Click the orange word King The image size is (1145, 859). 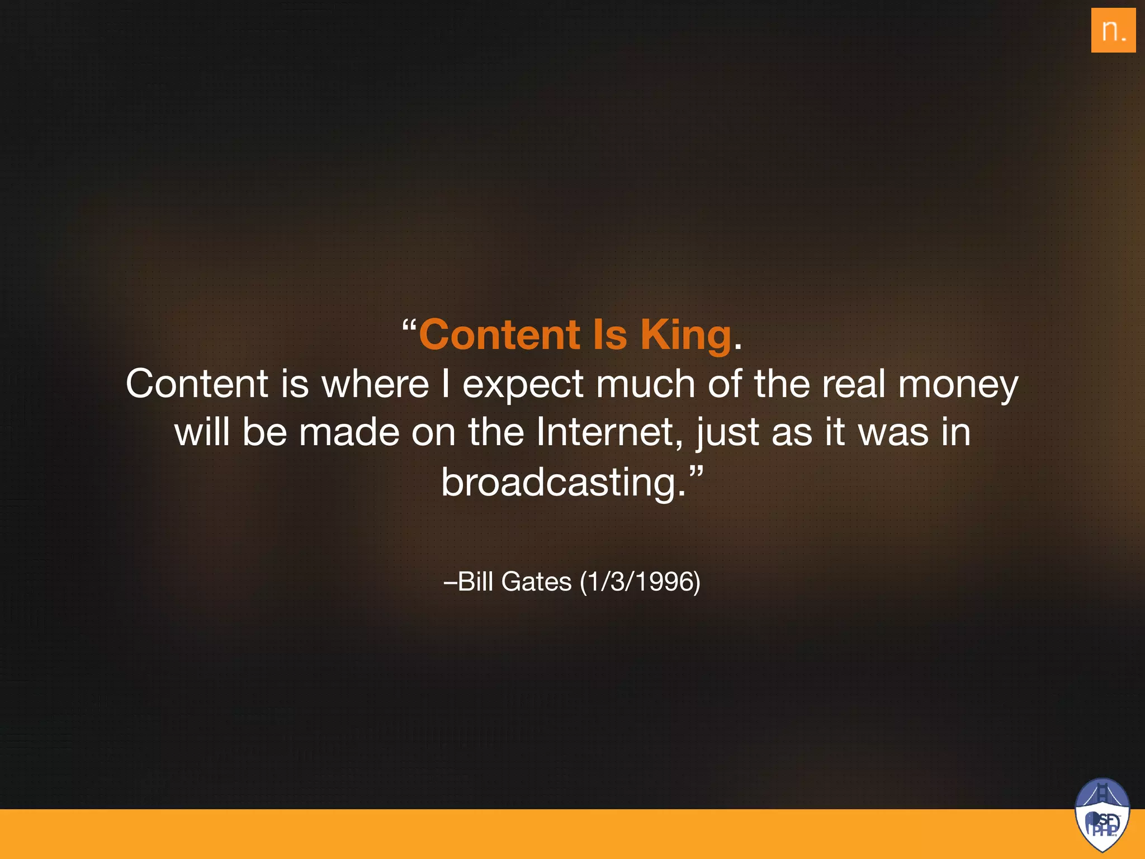(x=685, y=335)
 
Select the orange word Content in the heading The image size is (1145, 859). (x=500, y=335)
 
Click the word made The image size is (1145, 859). (x=349, y=432)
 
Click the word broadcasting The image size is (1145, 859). (x=562, y=482)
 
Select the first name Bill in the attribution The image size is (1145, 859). (x=475, y=582)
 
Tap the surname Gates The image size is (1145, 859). (x=537, y=582)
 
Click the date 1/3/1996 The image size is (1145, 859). (x=640, y=582)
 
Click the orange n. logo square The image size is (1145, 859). (x=1113, y=30)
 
